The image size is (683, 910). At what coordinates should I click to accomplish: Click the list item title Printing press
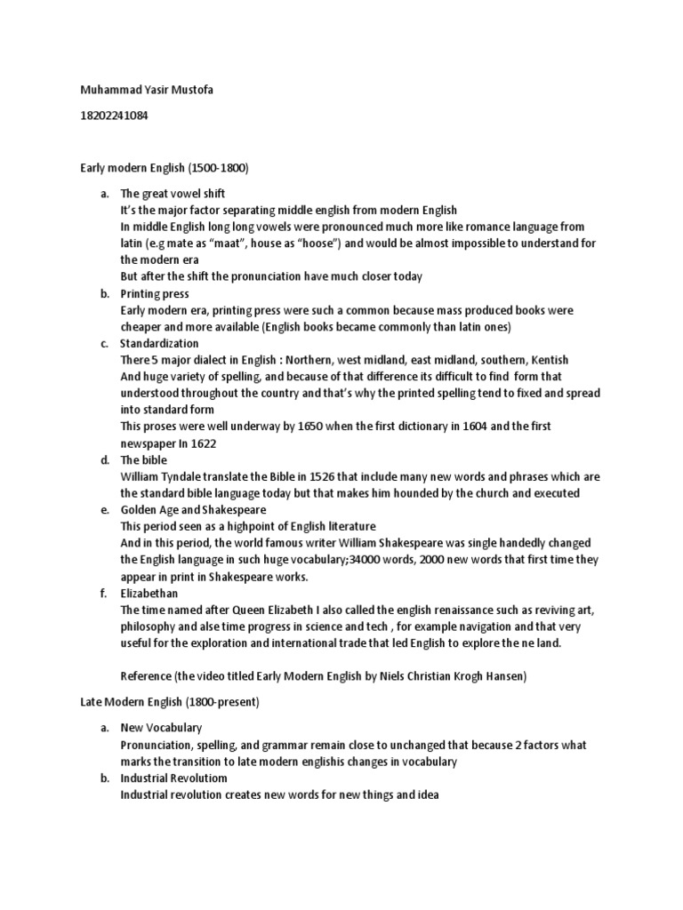(155, 293)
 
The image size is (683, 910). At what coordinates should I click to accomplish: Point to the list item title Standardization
(160, 343)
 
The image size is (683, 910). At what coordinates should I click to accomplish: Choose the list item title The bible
(143, 459)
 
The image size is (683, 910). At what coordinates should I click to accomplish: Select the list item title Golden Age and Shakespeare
(193, 509)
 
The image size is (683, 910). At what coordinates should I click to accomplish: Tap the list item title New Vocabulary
(161, 728)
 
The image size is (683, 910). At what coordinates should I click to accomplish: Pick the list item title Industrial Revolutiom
(174, 778)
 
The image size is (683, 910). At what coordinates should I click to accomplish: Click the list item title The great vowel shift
(173, 193)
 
